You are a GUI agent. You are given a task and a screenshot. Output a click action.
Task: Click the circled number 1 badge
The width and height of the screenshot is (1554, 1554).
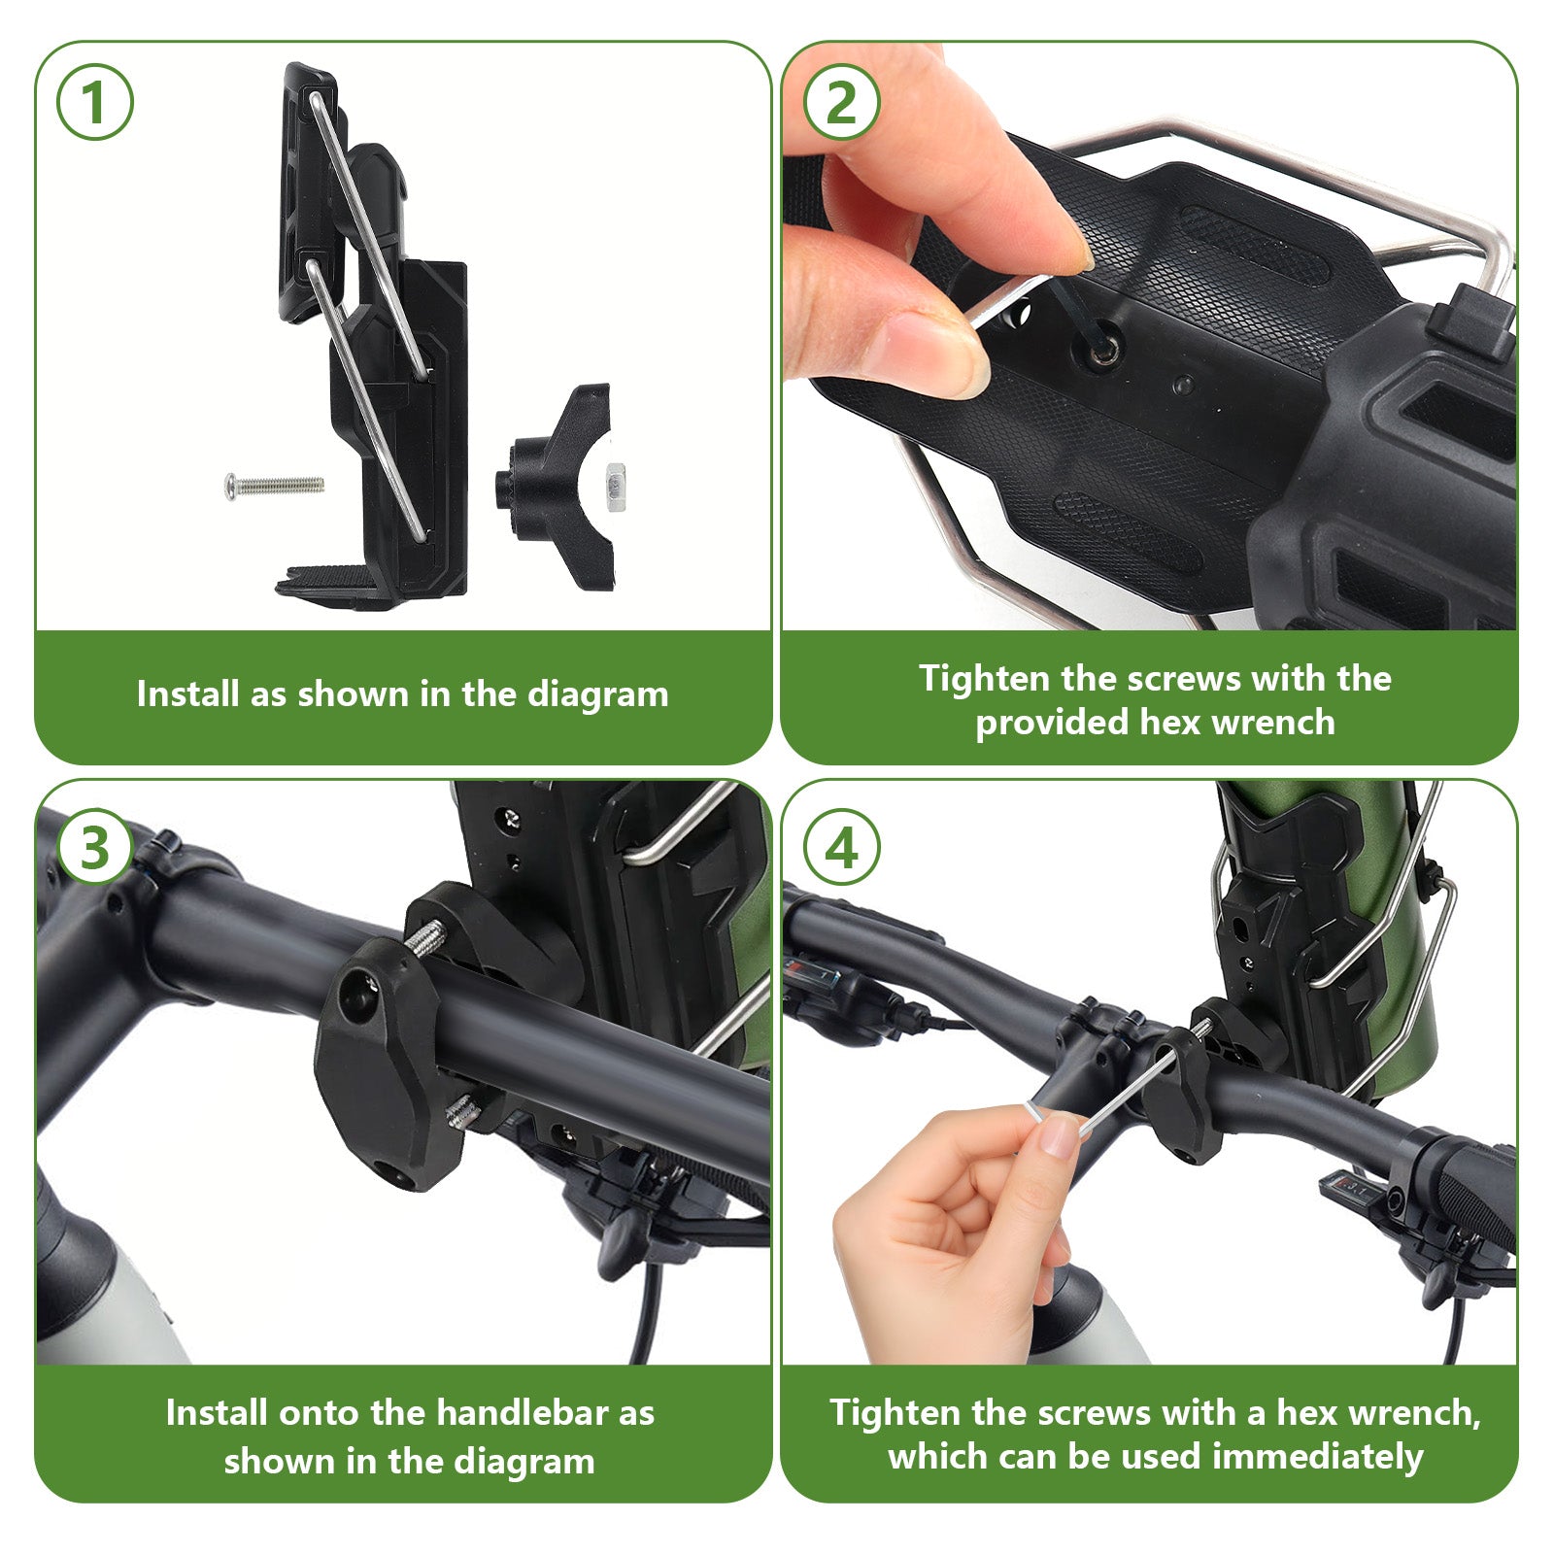pos(94,102)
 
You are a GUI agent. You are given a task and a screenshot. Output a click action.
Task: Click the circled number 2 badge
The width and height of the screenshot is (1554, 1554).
pos(841,102)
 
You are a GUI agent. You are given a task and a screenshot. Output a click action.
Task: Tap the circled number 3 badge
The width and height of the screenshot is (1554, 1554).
pos(94,847)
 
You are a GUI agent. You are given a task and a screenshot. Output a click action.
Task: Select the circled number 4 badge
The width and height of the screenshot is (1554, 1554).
pos(841,847)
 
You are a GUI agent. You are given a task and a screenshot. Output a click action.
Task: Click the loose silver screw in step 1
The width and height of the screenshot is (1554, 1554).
pos(275,484)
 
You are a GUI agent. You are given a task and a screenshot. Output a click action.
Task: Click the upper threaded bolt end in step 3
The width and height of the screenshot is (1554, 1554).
pos(425,939)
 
